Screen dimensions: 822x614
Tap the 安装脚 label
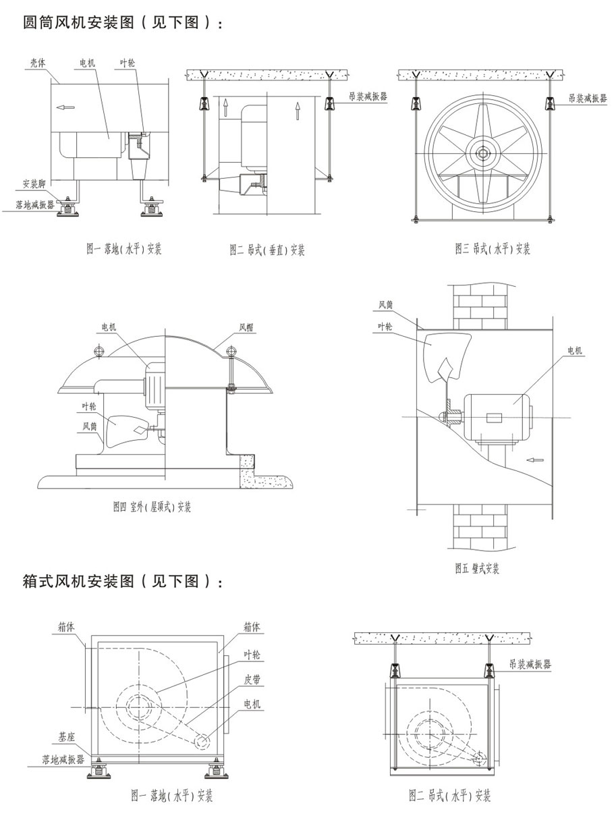point(34,184)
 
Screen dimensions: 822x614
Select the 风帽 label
point(247,328)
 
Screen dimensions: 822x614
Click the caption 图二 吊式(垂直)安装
point(267,250)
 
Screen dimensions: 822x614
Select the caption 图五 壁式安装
point(477,568)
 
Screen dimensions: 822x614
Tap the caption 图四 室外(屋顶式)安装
point(152,507)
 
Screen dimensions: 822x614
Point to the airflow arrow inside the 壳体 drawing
point(65,107)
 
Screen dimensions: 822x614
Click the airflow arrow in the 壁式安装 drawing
point(535,460)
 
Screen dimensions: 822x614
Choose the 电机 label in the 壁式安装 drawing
point(575,351)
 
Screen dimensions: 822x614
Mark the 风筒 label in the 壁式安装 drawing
point(386,306)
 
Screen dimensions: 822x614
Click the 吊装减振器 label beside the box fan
point(530,664)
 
